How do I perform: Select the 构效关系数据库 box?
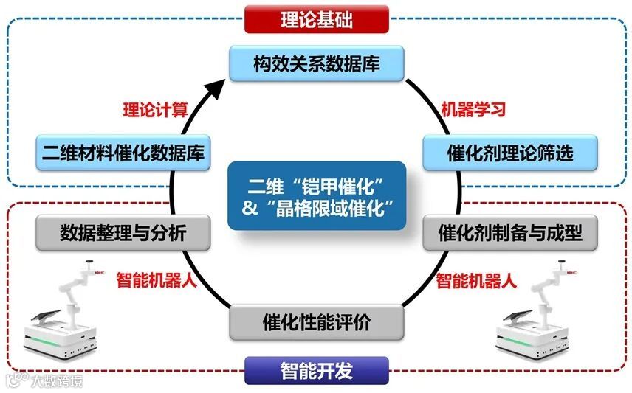point(317,63)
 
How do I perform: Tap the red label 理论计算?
point(154,110)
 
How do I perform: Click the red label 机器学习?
point(473,110)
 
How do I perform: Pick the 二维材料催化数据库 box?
point(123,153)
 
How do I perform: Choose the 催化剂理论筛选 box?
point(509,153)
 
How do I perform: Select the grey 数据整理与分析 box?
point(123,234)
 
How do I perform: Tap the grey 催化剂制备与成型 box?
point(509,234)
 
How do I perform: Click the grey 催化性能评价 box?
point(317,323)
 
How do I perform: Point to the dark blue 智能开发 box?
point(316,370)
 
